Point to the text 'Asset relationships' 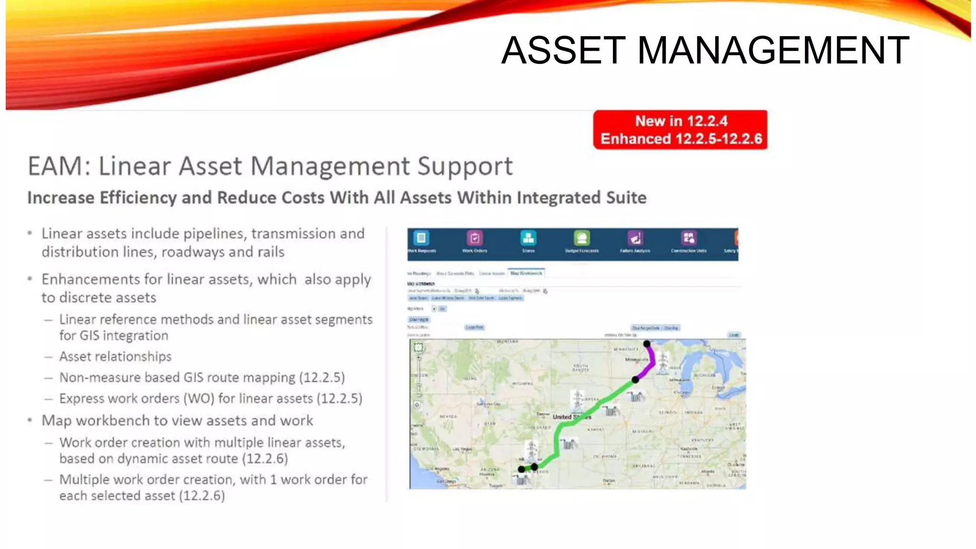click(115, 356)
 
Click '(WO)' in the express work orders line click(199, 398)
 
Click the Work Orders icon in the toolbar click(475, 238)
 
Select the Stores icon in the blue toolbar click(528, 238)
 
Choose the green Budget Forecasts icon click(582, 238)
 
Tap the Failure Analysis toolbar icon click(635, 238)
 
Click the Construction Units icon click(689, 238)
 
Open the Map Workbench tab click(526, 273)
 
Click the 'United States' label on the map click(571, 417)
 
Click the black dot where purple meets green click(635, 380)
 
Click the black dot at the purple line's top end click(647, 344)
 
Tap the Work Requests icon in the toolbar click(421, 238)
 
